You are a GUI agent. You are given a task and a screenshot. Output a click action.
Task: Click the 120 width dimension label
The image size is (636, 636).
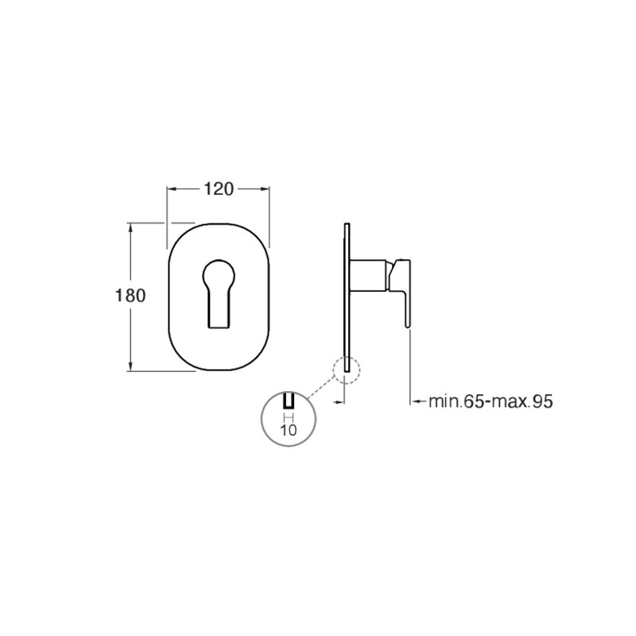pyautogui.click(x=218, y=189)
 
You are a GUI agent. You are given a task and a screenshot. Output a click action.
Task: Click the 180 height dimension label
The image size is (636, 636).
pyautogui.click(x=130, y=296)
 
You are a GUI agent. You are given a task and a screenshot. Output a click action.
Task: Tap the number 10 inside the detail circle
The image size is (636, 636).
pyautogui.click(x=289, y=430)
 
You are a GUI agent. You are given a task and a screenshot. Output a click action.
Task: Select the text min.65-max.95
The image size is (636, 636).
pyautogui.click(x=491, y=401)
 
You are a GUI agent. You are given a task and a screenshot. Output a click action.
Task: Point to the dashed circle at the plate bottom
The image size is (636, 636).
pyautogui.click(x=347, y=370)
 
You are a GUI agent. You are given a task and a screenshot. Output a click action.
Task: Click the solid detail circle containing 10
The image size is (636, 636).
pyautogui.click(x=289, y=419)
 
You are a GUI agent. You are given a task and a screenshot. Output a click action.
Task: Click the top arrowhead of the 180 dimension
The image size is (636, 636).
pyautogui.click(x=130, y=228)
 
